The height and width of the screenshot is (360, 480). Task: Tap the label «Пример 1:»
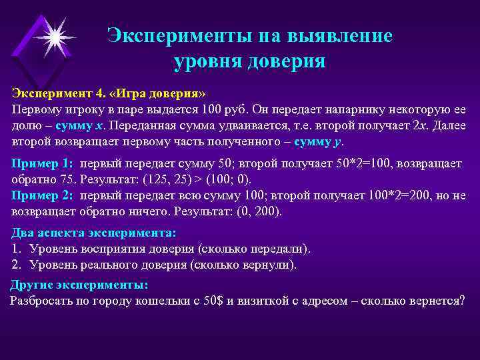pos(43,164)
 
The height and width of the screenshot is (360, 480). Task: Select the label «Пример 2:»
pos(43,196)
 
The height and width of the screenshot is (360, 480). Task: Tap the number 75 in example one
pos(61,180)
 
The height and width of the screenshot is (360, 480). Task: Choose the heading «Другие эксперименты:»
pos(79,285)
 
